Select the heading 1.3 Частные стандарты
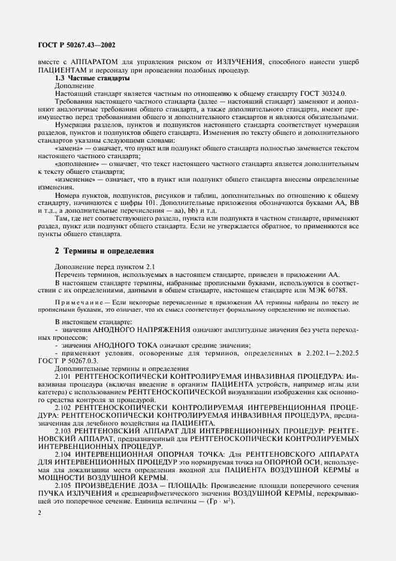click(x=92, y=78)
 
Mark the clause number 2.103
click(x=64, y=430)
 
